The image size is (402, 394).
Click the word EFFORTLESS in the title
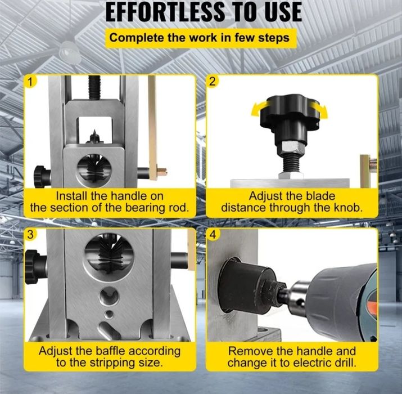165,12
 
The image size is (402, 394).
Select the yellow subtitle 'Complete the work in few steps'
199,38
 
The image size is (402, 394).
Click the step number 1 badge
30,82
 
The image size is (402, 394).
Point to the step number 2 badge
213,82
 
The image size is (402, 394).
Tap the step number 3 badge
30,234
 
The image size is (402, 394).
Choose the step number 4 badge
213,234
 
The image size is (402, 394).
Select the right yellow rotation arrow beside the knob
320,110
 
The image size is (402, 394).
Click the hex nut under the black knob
291,149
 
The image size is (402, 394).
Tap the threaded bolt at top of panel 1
94,87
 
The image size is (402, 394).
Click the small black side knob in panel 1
42,177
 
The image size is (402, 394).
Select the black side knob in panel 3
35,267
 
